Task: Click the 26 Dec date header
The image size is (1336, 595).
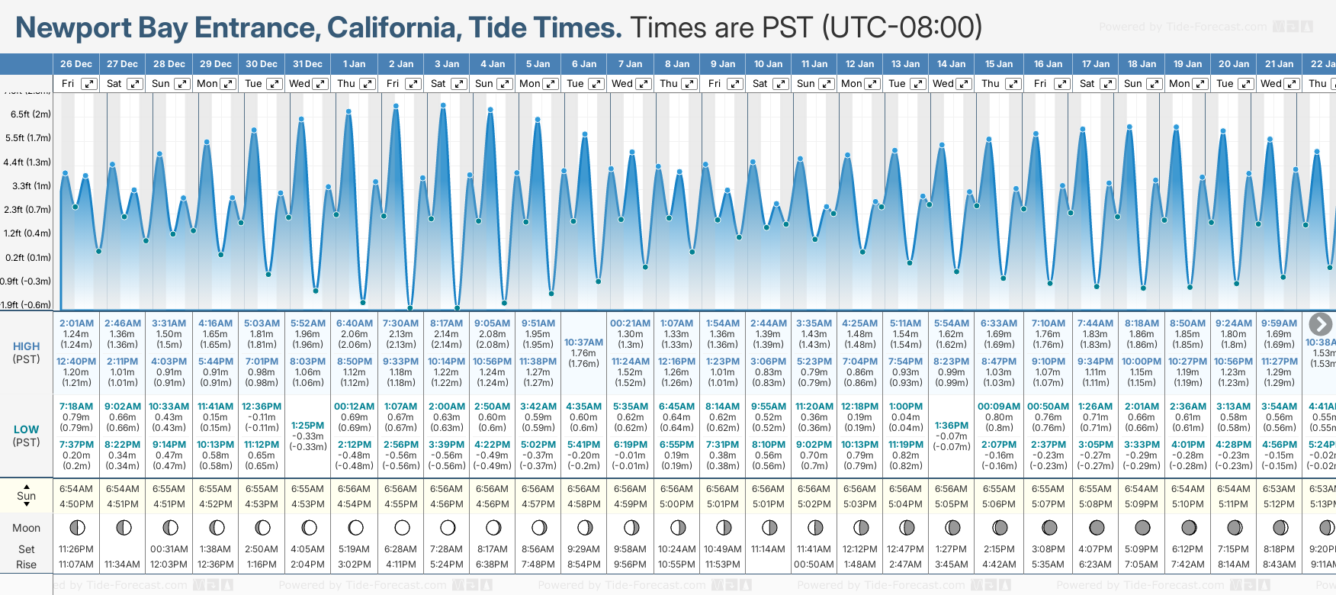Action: tap(76, 64)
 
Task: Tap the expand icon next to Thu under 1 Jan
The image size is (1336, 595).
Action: tap(368, 84)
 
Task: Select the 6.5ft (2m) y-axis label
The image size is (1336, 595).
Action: tap(31, 114)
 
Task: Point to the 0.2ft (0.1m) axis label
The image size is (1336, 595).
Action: tap(27, 258)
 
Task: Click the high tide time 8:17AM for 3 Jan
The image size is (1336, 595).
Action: tap(446, 323)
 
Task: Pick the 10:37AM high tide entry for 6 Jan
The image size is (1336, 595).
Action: tap(583, 343)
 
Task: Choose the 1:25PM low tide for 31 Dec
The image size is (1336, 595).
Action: tap(308, 426)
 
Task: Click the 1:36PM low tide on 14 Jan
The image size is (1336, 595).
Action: tap(951, 426)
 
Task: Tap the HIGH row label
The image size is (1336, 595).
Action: tap(27, 346)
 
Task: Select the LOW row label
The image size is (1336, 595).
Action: tap(27, 429)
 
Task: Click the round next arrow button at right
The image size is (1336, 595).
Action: tap(1320, 324)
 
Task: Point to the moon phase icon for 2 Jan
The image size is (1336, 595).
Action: tap(402, 527)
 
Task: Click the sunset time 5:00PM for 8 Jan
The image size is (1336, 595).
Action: tap(676, 504)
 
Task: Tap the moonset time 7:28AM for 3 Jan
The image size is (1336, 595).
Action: tap(446, 549)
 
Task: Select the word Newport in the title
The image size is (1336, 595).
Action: tap(73, 28)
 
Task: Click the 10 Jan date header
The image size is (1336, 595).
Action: tap(768, 64)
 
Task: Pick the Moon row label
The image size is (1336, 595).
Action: tap(27, 528)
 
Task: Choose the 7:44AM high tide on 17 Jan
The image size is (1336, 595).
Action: tap(1095, 323)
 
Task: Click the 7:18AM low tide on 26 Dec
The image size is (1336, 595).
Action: tap(76, 407)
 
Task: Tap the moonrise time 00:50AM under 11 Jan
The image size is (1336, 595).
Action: tap(814, 564)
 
